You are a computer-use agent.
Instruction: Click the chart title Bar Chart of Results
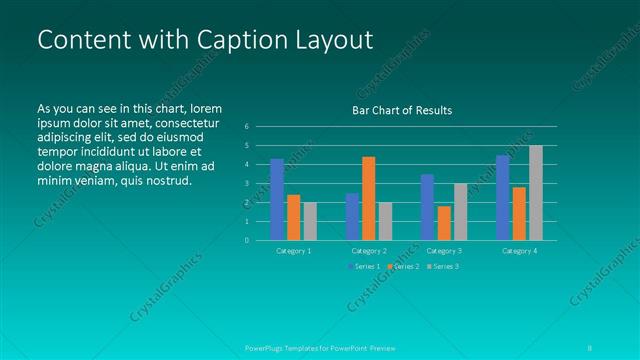[x=401, y=110]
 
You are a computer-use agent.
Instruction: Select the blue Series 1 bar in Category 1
[x=277, y=199]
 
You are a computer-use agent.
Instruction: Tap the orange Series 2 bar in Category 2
[x=369, y=198]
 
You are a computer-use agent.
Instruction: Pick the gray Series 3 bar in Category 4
[x=536, y=193]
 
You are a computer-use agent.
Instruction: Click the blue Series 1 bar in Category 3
[x=427, y=207]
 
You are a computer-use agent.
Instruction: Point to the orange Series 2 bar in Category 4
[x=519, y=213]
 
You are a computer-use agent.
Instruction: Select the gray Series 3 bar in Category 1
[x=310, y=221]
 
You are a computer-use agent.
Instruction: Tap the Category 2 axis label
[x=369, y=250]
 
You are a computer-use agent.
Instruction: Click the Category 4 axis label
[x=519, y=250]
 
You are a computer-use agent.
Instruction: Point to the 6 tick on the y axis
[x=247, y=127]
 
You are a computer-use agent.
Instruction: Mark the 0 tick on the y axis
[x=247, y=240]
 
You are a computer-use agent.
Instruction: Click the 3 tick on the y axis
[x=247, y=184]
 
